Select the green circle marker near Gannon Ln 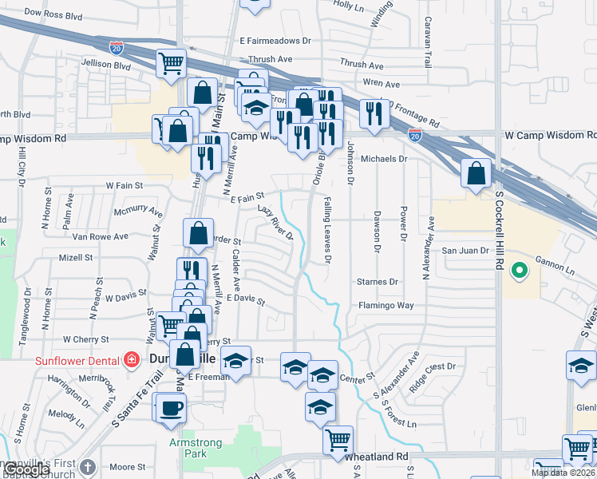pyautogui.click(x=520, y=271)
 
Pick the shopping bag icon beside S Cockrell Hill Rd pyautogui.click(x=476, y=173)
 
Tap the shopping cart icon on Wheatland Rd pyautogui.click(x=338, y=438)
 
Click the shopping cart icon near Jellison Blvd pyautogui.click(x=171, y=62)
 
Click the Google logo pyautogui.click(x=27, y=469)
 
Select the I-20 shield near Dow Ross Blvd pyautogui.click(x=117, y=49)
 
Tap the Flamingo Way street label pyautogui.click(x=385, y=305)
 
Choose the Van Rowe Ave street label pyautogui.click(x=100, y=237)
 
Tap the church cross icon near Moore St pyautogui.click(x=89, y=466)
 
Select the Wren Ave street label pyautogui.click(x=381, y=82)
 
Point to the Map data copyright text pyautogui.click(x=562, y=473)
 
